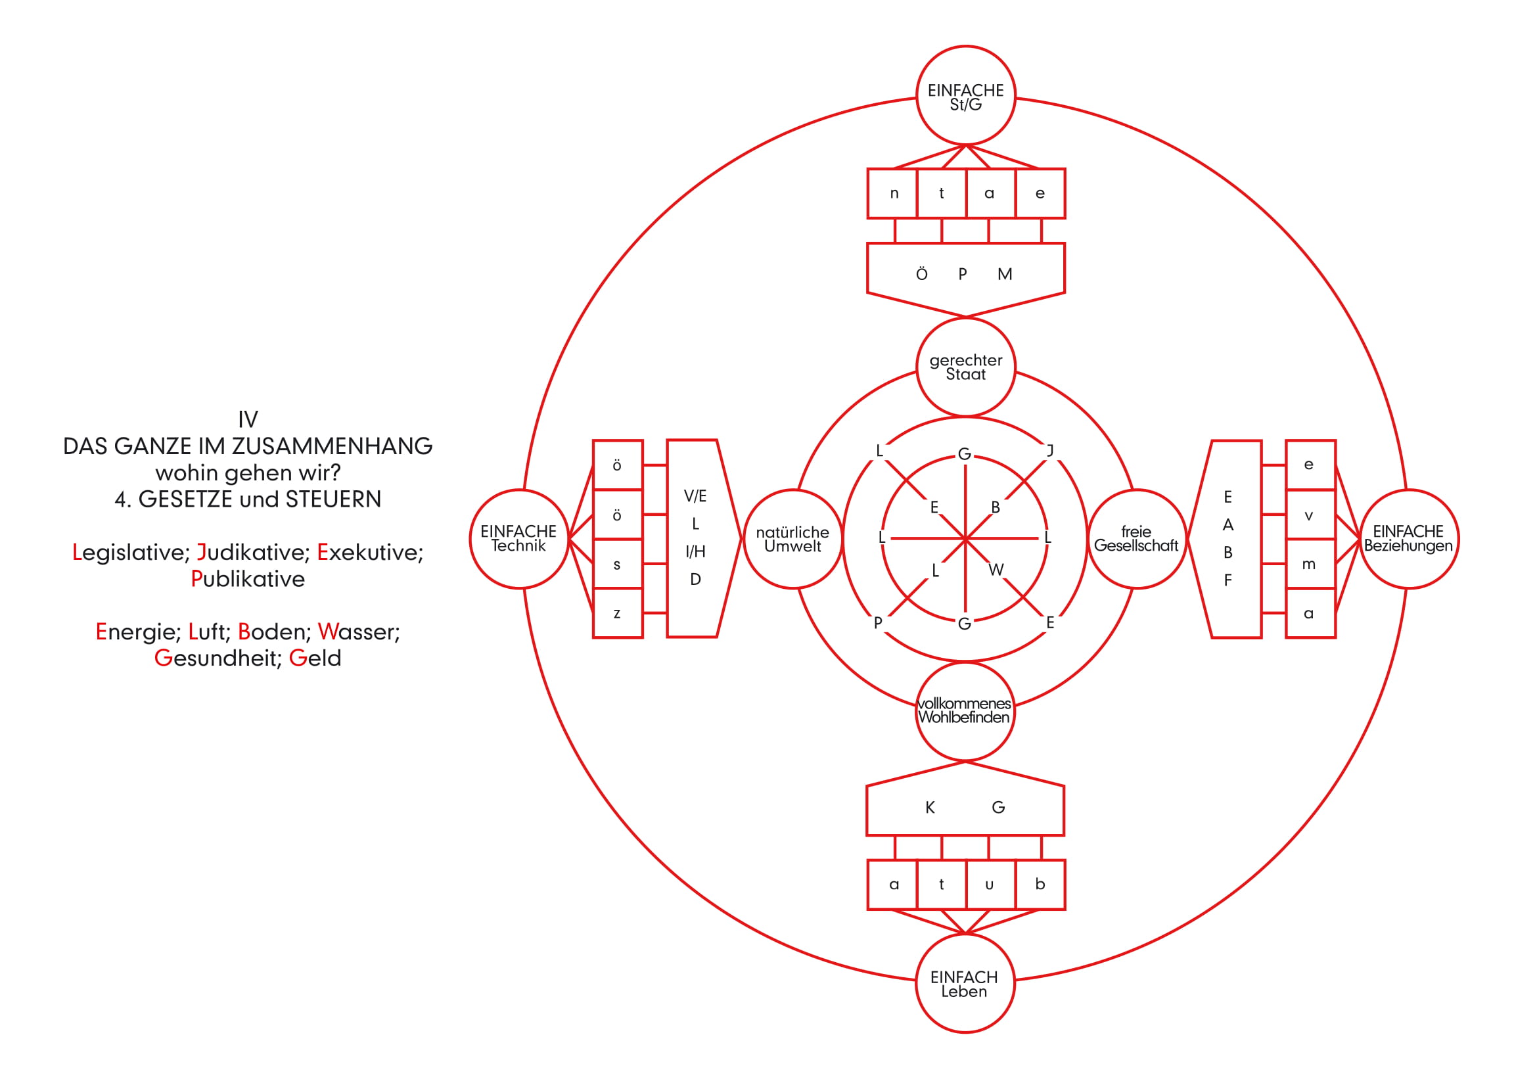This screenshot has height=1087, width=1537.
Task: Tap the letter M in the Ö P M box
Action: [x=1004, y=275]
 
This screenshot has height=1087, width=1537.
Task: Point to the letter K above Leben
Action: [x=930, y=808]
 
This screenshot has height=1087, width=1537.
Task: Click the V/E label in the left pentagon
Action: [x=695, y=496]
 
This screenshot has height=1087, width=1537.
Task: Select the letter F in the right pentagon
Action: [x=1227, y=580]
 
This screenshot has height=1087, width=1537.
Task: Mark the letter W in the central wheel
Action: [x=996, y=570]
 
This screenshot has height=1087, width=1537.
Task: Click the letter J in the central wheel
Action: [x=1050, y=450]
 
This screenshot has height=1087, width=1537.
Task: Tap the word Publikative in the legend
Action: [x=248, y=579]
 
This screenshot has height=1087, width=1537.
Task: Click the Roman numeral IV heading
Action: [x=248, y=420]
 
